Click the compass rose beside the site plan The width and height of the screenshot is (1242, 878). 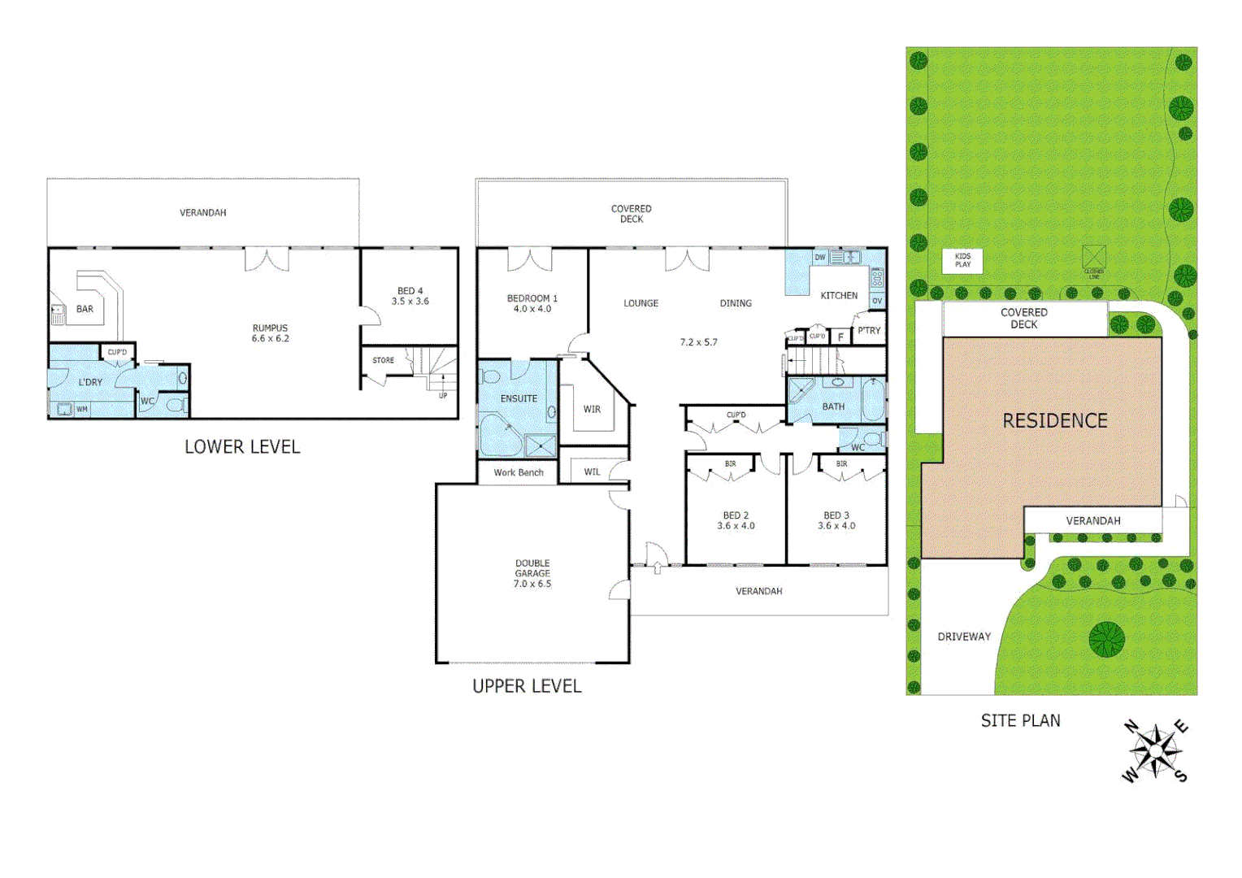tap(1155, 751)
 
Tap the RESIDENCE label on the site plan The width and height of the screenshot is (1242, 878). tap(1054, 420)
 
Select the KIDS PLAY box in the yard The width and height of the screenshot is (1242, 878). tap(962, 260)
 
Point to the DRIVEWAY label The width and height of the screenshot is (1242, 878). tap(964, 637)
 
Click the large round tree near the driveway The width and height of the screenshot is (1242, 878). tap(1106, 639)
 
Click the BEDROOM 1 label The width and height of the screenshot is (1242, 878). tap(532, 298)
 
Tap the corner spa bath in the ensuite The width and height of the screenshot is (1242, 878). tap(497, 435)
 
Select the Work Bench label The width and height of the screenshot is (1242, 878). tap(518, 472)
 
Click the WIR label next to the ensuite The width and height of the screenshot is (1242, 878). tap(592, 409)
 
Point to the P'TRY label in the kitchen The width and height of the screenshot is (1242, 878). tap(868, 331)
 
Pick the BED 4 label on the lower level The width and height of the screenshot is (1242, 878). tap(410, 291)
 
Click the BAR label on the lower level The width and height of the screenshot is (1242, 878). tap(85, 309)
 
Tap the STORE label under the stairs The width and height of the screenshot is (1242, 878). tap(383, 360)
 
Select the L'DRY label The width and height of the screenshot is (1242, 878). tap(90, 382)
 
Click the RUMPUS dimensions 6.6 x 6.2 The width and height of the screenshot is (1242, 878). tap(270, 339)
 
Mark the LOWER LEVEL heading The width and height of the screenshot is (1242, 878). tap(242, 446)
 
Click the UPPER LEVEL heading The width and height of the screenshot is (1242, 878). tap(527, 686)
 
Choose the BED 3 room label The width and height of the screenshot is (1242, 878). tap(836, 515)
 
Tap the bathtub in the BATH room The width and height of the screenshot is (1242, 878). tap(873, 400)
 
